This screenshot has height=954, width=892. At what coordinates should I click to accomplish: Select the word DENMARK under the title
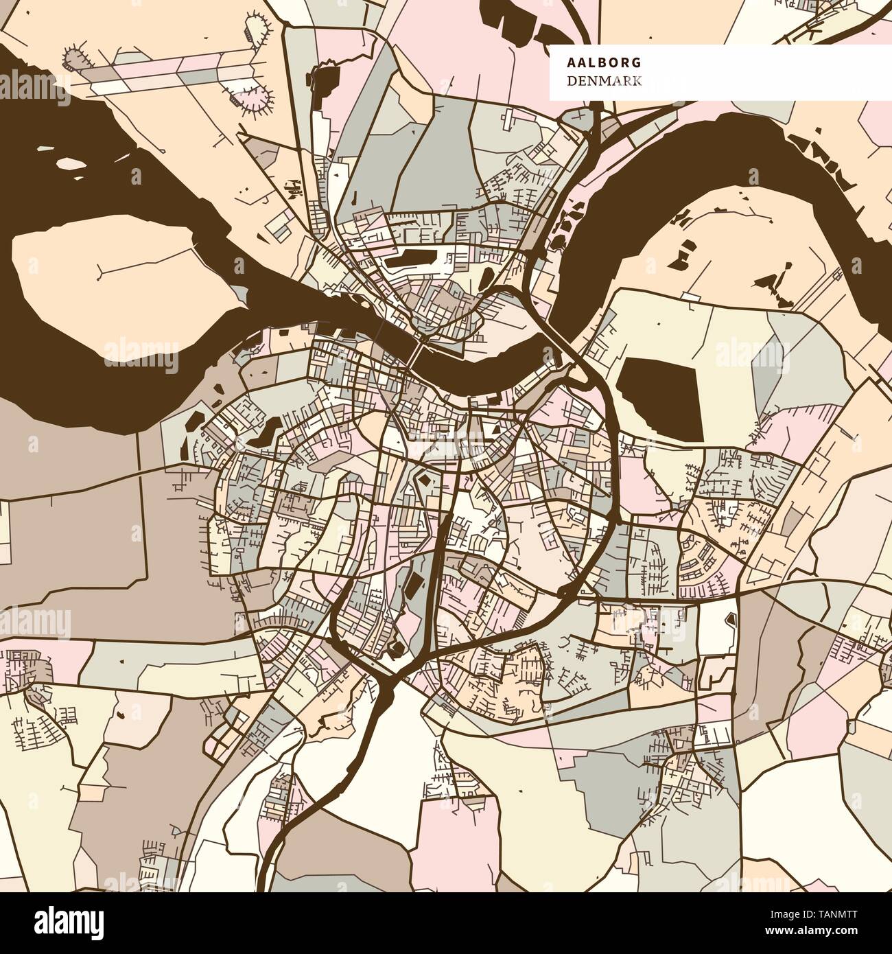point(604,82)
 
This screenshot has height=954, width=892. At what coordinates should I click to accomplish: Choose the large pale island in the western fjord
point(103,275)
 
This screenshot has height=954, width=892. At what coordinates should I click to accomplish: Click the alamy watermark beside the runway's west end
point(34,88)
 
